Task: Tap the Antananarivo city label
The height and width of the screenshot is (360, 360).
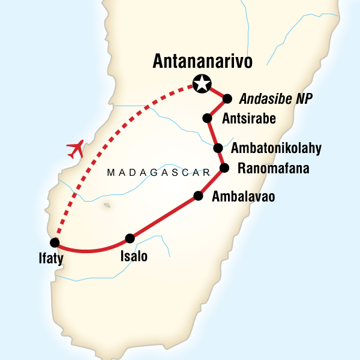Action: point(202,61)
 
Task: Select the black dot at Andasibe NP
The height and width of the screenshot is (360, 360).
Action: point(227,99)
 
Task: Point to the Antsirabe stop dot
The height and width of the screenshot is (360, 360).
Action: point(207,118)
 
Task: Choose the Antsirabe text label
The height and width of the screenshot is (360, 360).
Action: point(248,119)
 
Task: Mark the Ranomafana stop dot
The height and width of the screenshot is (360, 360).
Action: point(224,167)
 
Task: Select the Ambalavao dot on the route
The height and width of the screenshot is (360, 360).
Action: point(197,196)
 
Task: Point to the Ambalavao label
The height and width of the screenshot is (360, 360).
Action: point(243,197)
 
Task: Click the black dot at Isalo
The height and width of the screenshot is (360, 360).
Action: point(130,238)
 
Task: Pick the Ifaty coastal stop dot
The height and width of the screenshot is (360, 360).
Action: point(55,243)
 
